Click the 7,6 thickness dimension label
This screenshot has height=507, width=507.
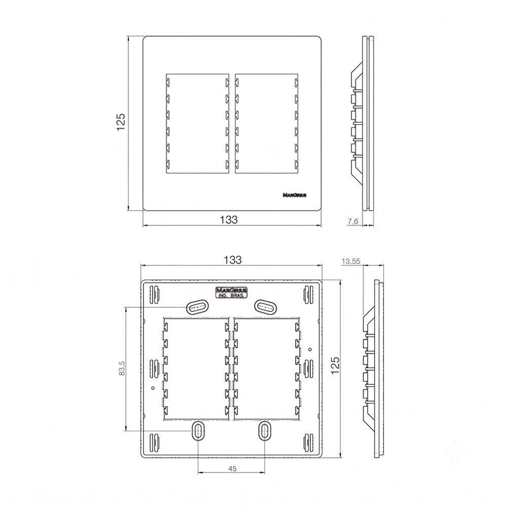pyautogui.click(x=353, y=222)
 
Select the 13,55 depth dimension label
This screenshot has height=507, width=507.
pyautogui.click(x=351, y=261)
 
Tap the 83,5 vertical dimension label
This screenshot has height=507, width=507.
pyautogui.click(x=122, y=368)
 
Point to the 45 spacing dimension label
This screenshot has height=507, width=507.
pyautogui.click(x=232, y=468)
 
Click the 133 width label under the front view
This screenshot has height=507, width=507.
pyautogui.click(x=229, y=220)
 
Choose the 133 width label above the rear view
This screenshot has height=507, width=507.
pyautogui.click(x=233, y=260)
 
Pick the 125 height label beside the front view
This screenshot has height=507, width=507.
pyautogui.click(x=121, y=122)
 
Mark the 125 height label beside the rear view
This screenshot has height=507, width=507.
pyautogui.click(x=335, y=366)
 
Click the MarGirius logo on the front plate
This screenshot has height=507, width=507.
pyautogui.click(x=295, y=195)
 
